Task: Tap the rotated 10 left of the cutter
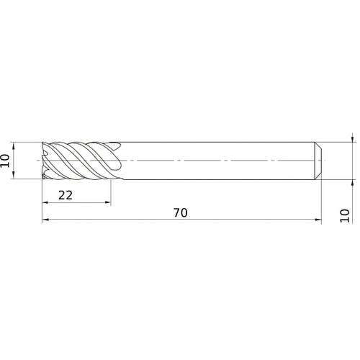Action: [6, 159]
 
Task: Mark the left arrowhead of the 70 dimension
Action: [45, 221]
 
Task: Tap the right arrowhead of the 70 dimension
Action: [318, 221]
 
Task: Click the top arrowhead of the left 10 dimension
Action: [15, 143]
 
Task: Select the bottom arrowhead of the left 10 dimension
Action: [15, 175]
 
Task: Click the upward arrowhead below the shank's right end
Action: [351, 181]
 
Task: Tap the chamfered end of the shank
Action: [318, 159]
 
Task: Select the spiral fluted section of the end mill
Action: [79, 159]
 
